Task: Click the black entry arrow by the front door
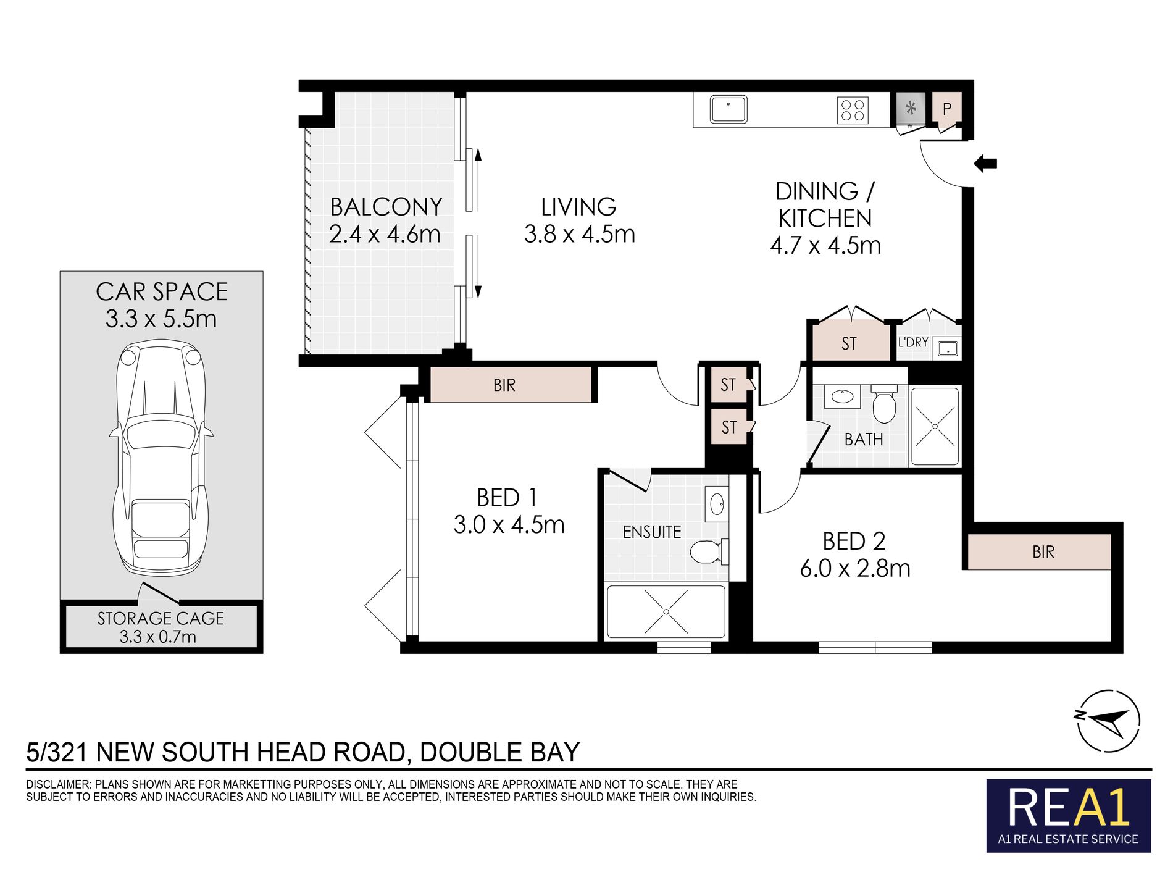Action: (985, 164)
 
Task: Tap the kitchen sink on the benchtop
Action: (728, 110)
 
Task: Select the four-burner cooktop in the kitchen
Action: (853, 111)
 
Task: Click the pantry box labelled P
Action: (946, 109)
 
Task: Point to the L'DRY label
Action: (912, 342)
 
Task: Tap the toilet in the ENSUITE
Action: (707, 551)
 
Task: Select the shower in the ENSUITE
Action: (666, 611)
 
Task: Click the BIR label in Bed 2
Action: (1043, 552)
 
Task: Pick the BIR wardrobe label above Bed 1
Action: (504, 385)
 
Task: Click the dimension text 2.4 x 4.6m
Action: (385, 235)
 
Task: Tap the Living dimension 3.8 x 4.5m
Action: (579, 235)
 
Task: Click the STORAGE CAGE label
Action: (161, 619)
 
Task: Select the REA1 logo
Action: (1068, 815)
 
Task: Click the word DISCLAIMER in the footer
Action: (58, 784)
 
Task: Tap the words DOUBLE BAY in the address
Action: (499, 752)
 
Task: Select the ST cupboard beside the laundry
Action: (849, 343)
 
